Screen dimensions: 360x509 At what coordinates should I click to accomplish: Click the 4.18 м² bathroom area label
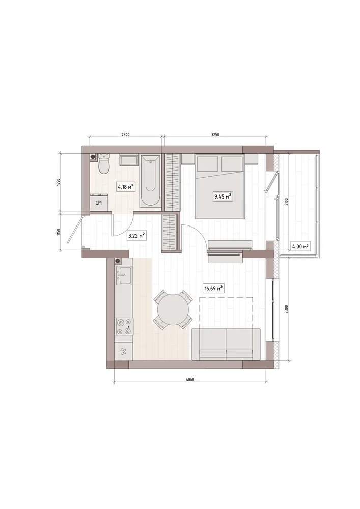tap(126, 187)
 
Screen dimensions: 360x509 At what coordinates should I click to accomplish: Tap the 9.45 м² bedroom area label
tap(223, 196)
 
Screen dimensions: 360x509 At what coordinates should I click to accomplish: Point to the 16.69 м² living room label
tap(213, 288)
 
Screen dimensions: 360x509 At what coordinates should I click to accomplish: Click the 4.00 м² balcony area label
tap(300, 246)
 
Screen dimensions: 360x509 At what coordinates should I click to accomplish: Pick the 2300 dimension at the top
tap(125, 135)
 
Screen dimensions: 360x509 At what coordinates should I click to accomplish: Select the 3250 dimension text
tap(215, 135)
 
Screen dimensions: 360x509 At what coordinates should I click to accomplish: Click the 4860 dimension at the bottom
tap(190, 380)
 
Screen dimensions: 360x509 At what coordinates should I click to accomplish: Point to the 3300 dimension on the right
tap(286, 309)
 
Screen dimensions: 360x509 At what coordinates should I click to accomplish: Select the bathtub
tap(150, 180)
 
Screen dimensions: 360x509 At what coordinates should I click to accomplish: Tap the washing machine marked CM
tap(99, 202)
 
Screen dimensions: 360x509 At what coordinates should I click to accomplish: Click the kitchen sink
tap(124, 275)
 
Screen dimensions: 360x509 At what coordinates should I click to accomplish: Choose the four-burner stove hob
tap(124, 326)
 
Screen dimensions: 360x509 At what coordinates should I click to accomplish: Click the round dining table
tap(173, 309)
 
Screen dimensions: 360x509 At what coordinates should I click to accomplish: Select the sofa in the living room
tap(226, 345)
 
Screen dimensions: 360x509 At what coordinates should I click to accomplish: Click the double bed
tap(219, 186)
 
